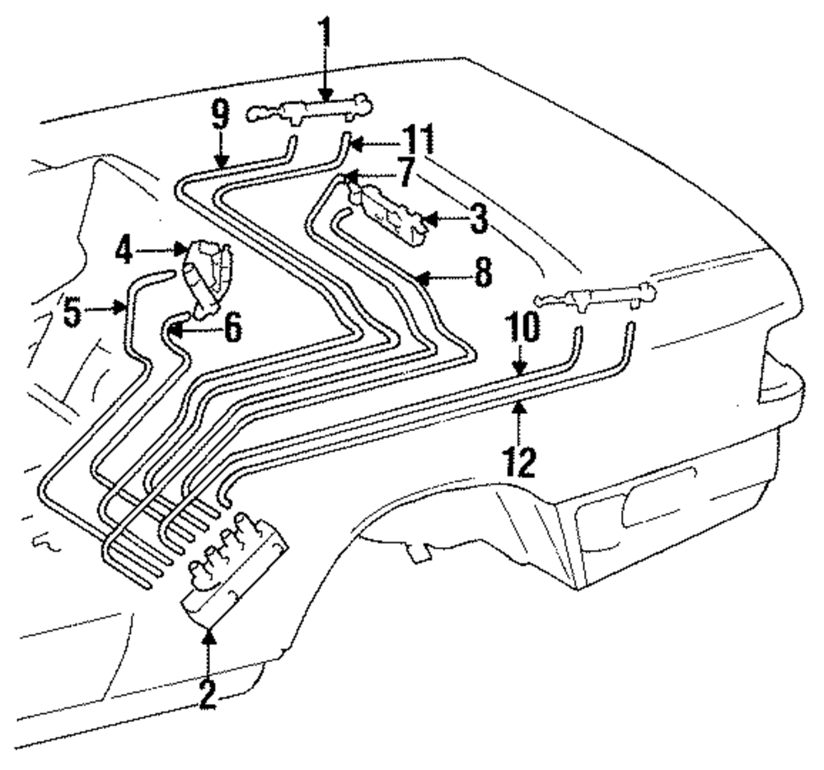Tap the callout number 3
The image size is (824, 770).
(x=478, y=218)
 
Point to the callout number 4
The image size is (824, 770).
(x=124, y=250)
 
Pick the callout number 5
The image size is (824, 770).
(x=73, y=311)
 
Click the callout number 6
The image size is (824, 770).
(x=232, y=327)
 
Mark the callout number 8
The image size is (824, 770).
(x=483, y=272)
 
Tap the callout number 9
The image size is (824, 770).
(x=221, y=114)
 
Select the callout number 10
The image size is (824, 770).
(x=523, y=326)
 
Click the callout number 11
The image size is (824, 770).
(x=419, y=139)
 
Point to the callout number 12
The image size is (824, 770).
(x=519, y=460)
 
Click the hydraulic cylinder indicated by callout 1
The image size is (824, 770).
(x=310, y=110)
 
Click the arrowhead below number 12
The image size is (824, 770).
(x=519, y=406)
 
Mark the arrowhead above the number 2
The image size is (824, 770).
(x=208, y=636)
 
